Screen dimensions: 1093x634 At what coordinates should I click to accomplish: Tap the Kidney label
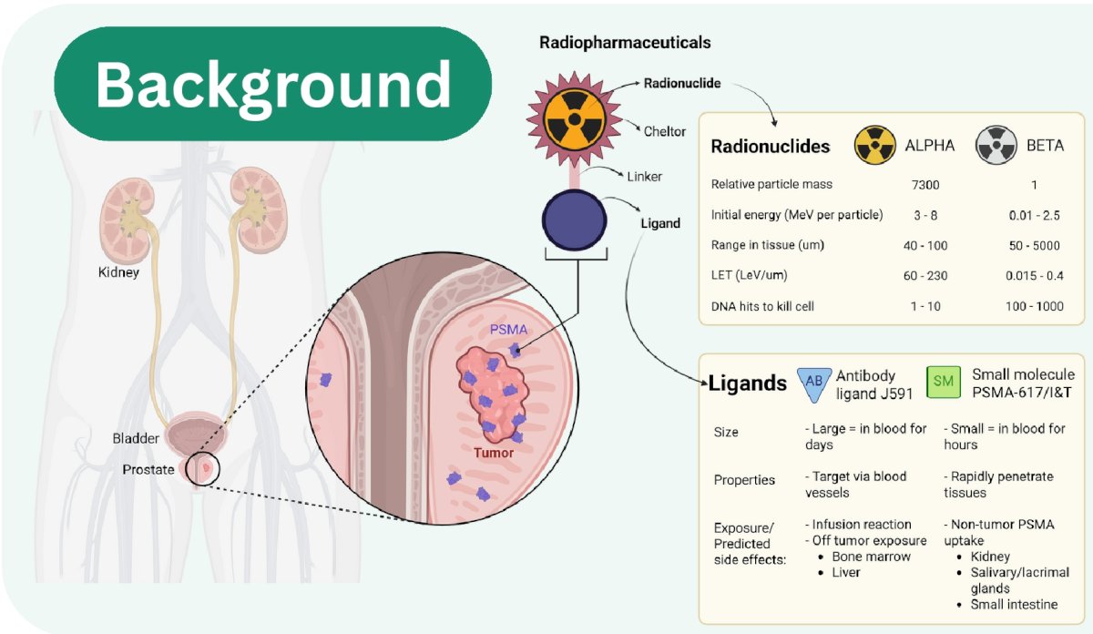click(x=118, y=272)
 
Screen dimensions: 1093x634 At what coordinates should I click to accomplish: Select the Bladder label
click(x=136, y=438)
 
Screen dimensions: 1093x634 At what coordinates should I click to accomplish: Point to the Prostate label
click(x=148, y=469)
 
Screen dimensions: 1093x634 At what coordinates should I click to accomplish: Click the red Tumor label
click(x=494, y=453)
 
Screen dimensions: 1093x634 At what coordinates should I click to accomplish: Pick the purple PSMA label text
click(x=508, y=330)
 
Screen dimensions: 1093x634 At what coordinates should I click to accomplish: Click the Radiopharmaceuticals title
click(x=625, y=43)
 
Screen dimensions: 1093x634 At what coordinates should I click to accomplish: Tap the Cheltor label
click(x=665, y=131)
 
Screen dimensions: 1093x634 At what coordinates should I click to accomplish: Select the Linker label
click(x=645, y=176)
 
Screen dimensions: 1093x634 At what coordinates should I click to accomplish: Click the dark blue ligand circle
click(x=575, y=220)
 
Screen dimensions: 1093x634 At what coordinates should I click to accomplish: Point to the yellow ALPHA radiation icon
click(x=875, y=145)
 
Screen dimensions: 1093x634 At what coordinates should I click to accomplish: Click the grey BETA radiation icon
click(x=996, y=145)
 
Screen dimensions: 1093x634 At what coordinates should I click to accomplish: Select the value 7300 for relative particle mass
click(x=925, y=185)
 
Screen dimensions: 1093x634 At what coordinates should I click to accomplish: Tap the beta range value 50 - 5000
click(x=1034, y=246)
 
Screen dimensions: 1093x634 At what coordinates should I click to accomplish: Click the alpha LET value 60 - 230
click(x=925, y=276)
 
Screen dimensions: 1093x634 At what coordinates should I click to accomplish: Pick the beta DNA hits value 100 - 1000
click(x=1034, y=306)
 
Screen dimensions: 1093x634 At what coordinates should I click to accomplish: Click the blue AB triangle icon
click(x=814, y=383)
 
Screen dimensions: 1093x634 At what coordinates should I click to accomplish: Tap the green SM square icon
click(x=944, y=382)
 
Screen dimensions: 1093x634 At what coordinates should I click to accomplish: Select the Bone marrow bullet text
click(x=871, y=557)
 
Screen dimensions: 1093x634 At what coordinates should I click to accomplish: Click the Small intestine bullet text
click(x=1014, y=604)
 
